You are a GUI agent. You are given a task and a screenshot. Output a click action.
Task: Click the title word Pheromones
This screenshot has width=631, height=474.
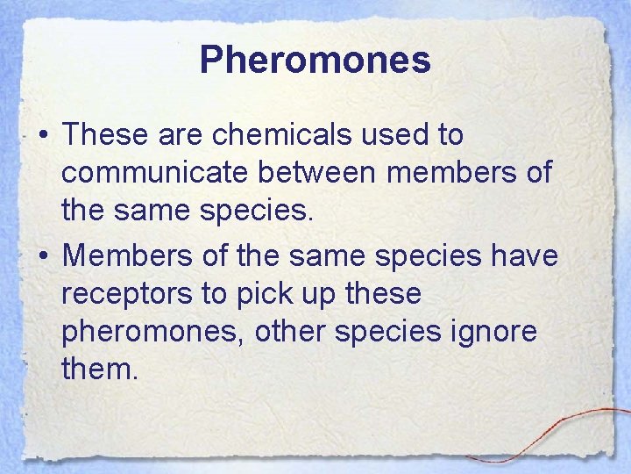[315, 61]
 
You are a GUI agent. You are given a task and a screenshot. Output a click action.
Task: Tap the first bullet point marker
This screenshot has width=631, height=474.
[42, 137]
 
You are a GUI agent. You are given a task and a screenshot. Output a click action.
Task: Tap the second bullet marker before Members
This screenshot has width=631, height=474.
[42, 256]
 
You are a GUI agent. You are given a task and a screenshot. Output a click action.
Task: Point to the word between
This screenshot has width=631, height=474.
[319, 173]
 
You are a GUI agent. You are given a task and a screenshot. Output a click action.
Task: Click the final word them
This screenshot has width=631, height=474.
[100, 369]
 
